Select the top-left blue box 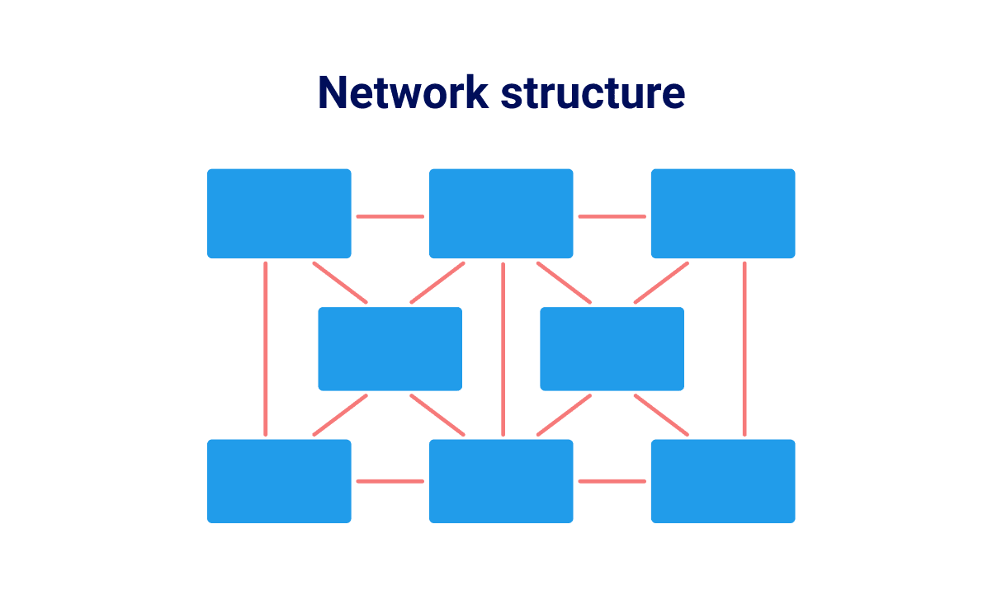(x=279, y=214)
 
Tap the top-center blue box (x=501, y=214)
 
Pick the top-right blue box (x=723, y=214)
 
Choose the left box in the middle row (x=390, y=349)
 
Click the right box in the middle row (x=612, y=349)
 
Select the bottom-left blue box (x=279, y=481)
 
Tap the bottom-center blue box (x=501, y=481)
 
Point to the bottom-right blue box (x=723, y=481)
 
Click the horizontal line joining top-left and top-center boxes (x=390, y=217)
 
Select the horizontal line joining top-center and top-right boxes (x=612, y=217)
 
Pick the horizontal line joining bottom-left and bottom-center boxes (x=390, y=481)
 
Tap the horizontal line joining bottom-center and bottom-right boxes (x=612, y=481)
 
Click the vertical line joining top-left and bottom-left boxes (x=265, y=348)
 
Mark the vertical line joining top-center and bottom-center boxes (x=503, y=348)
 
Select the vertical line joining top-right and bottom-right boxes (x=744, y=348)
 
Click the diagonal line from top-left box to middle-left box (x=340, y=283)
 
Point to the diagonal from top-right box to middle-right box (x=661, y=283)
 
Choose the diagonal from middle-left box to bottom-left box (x=340, y=415)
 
